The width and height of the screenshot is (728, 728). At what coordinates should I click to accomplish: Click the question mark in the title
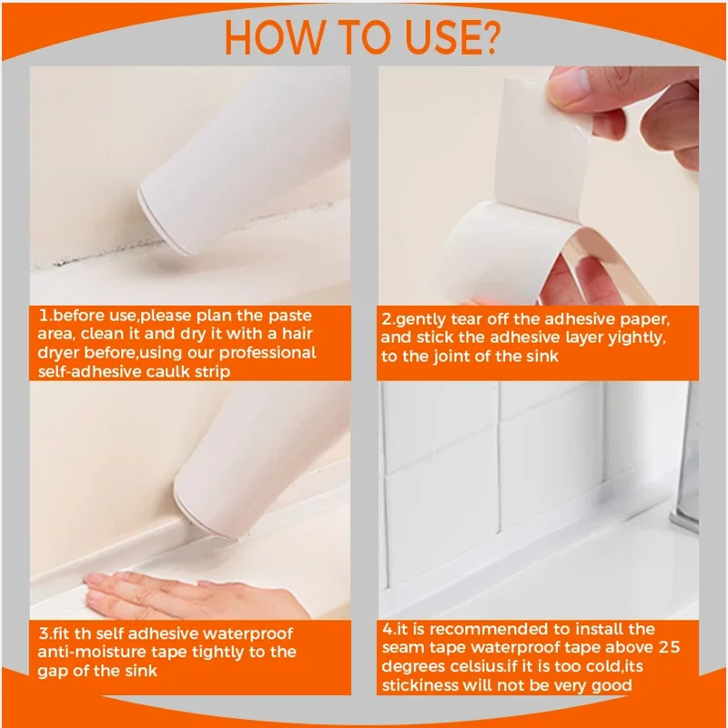488,37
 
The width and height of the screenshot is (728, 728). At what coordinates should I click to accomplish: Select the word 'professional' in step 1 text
268,353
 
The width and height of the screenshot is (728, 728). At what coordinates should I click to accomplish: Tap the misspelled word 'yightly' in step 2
637,338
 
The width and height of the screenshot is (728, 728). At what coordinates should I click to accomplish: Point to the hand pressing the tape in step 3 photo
186,595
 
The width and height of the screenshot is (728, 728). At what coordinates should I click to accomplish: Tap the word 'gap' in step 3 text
51,672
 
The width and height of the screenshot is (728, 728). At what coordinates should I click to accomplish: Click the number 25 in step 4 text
669,647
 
